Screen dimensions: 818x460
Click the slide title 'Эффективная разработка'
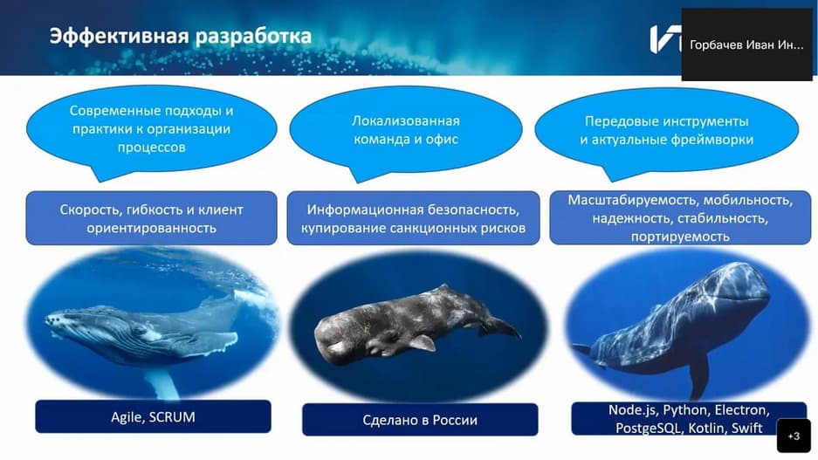[x=181, y=37]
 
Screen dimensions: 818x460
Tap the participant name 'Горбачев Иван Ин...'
[x=746, y=45]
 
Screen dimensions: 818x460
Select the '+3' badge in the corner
[x=794, y=436]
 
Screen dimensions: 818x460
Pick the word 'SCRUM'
[x=172, y=417]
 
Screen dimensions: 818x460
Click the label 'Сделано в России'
[x=420, y=420]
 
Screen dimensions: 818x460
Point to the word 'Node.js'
[x=631, y=410]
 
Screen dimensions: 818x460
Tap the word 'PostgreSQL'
[x=649, y=429]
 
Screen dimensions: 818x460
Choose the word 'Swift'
[x=746, y=429]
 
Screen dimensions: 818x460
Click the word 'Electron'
[x=742, y=410]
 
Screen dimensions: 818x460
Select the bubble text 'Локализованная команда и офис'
[x=406, y=130]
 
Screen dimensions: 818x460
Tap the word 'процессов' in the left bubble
[x=151, y=147]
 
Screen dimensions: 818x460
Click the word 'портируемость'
[x=680, y=237]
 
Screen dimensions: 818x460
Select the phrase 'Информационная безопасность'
[x=413, y=209]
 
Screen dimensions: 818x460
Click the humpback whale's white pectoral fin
[x=162, y=385]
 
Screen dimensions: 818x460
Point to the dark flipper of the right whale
[x=699, y=376]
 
